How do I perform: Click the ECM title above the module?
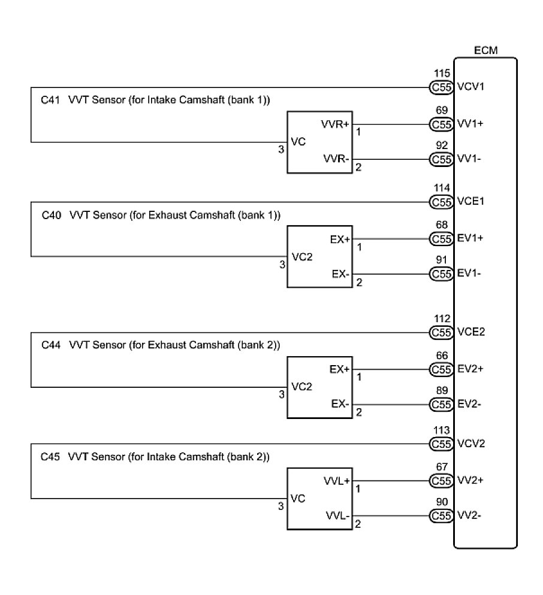(485, 50)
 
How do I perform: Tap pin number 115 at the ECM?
(442, 74)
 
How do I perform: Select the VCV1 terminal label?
(470, 87)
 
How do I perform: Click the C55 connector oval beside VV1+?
(441, 125)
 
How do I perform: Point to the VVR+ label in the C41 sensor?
(336, 124)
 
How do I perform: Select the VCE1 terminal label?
(470, 202)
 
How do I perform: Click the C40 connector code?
(51, 214)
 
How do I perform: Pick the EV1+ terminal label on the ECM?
(470, 239)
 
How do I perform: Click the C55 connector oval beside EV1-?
(441, 274)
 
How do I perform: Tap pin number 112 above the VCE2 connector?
(442, 319)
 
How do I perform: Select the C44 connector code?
(51, 345)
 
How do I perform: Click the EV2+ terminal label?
(470, 369)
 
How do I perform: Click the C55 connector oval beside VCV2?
(441, 444)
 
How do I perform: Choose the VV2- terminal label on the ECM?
(470, 515)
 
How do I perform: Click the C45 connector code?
(51, 457)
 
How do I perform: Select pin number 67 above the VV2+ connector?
(442, 467)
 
